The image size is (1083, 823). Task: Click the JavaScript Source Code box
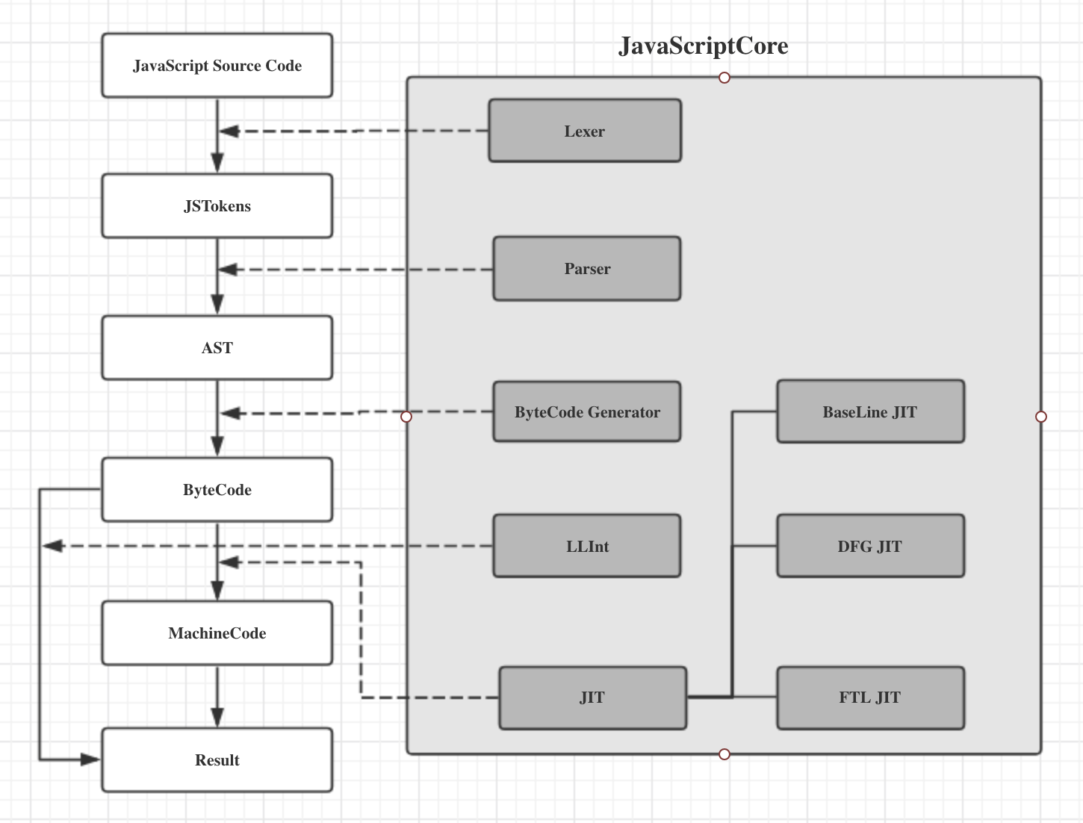click(217, 65)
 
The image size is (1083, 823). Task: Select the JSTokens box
click(217, 205)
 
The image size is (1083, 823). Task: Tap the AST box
click(217, 347)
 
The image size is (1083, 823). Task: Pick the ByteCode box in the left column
click(217, 490)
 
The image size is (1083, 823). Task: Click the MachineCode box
click(217, 633)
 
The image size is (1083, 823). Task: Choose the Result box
click(217, 760)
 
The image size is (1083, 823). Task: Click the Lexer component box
click(585, 131)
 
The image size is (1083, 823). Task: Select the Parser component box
click(587, 269)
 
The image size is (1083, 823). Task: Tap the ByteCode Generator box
click(587, 411)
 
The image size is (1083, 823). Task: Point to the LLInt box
click(587, 546)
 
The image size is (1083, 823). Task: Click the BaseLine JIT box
click(871, 411)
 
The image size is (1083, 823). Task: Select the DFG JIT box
click(871, 546)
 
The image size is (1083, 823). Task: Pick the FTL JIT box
click(871, 698)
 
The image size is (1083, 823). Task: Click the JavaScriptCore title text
click(703, 46)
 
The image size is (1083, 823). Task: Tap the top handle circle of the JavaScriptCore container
click(724, 78)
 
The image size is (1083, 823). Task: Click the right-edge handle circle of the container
click(1041, 417)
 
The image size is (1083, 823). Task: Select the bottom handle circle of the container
click(724, 754)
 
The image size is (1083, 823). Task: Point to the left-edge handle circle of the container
click(406, 417)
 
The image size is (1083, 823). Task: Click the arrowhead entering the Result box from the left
click(91, 760)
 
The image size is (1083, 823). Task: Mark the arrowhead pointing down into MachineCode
click(217, 591)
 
